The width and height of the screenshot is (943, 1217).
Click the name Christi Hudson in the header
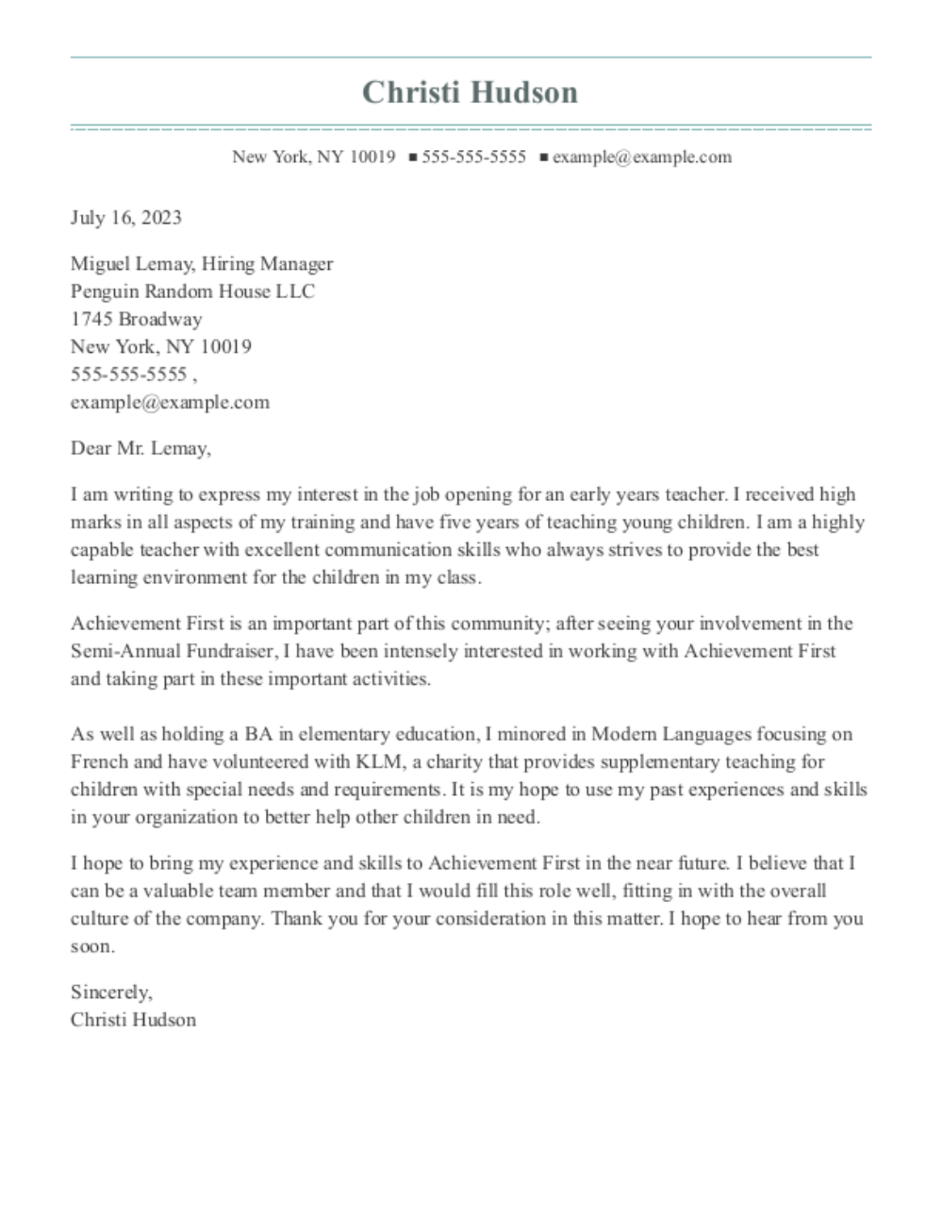(x=470, y=92)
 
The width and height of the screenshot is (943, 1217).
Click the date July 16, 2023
(x=125, y=218)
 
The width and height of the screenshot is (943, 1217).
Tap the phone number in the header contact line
(x=473, y=157)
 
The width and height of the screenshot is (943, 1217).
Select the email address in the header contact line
(x=641, y=157)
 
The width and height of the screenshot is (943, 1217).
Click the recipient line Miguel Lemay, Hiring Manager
(x=201, y=264)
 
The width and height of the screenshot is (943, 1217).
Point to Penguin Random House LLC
(x=192, y=292)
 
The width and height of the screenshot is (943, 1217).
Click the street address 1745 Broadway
(x=136, y=319)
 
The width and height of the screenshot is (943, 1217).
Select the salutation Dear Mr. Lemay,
(x=141, y=448)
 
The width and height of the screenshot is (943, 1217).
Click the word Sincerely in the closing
(x=109, y=992)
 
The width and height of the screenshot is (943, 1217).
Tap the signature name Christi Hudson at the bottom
(x=133, y=1020)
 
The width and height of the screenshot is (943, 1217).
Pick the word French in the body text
(x=98, y=762)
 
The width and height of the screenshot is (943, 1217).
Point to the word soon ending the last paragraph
(x=91, y=946)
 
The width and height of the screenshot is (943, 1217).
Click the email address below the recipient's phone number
(x=170, y=402)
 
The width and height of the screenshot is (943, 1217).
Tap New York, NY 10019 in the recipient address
(x=160, y=346)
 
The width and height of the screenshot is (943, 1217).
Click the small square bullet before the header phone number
(x=412, y=158)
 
